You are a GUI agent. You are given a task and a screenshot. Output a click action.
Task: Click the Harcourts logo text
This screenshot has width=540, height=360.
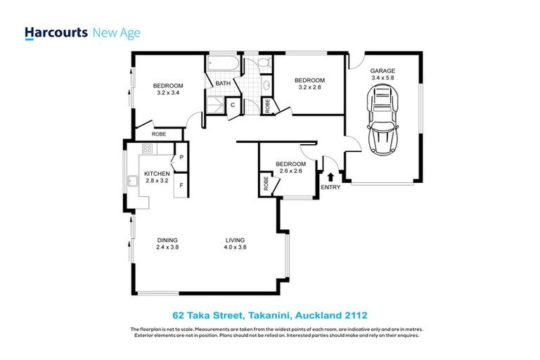coord(56,32)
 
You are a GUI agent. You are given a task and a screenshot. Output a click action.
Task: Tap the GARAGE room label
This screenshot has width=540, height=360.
coord(383,71)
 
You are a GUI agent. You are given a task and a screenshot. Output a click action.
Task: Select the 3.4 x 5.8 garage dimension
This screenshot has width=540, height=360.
coord(383,79)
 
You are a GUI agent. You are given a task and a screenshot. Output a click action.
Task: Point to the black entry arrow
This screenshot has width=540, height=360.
coord(330,176)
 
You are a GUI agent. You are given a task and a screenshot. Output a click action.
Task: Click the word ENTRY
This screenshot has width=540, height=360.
coord(330,188)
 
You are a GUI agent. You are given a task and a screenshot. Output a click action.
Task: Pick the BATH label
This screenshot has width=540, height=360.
coord(223,84)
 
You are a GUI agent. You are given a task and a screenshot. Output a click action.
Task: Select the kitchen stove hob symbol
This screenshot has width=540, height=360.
coord(148,148)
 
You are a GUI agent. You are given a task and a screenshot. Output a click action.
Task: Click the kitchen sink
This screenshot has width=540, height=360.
coord(132,182)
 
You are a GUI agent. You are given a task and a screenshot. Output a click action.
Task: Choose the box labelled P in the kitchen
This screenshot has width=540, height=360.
coord(181,158)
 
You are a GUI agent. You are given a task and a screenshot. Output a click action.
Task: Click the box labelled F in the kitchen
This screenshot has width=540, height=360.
coord(181,186)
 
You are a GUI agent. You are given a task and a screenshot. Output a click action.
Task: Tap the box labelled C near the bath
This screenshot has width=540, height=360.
coord(232,106)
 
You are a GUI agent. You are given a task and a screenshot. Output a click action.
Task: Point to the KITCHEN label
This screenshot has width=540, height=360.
coord(157,173)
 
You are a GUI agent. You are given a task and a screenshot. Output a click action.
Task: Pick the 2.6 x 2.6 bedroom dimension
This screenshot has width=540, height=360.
coord(290,171)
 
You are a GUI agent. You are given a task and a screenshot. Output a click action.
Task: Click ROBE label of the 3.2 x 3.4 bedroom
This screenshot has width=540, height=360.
coord(159,133)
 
